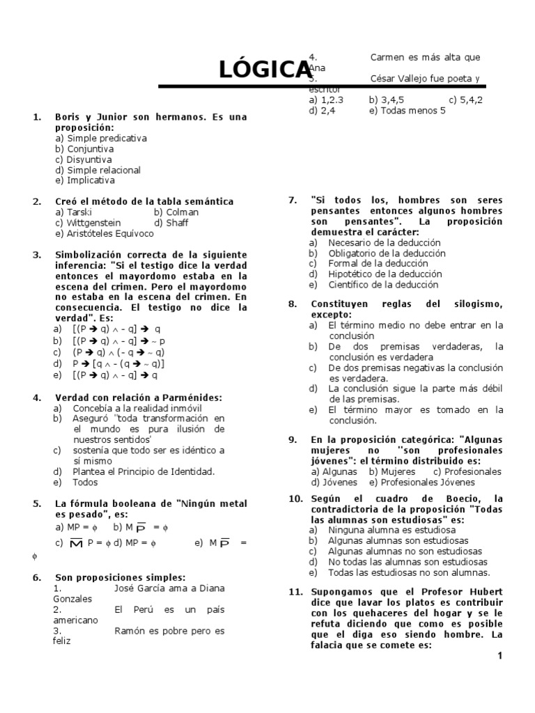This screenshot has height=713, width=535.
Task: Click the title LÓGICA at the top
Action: click(x=265, y=70)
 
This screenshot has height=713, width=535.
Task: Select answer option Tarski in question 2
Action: click(x=73, y=212)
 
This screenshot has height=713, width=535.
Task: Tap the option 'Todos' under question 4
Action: click(x=85, y=482)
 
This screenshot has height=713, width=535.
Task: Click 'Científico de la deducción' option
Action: click(x=382, y=285)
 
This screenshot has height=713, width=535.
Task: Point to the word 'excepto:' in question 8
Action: click(x=332, y=315)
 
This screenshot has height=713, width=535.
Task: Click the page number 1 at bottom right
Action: click(x=499, y=656)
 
